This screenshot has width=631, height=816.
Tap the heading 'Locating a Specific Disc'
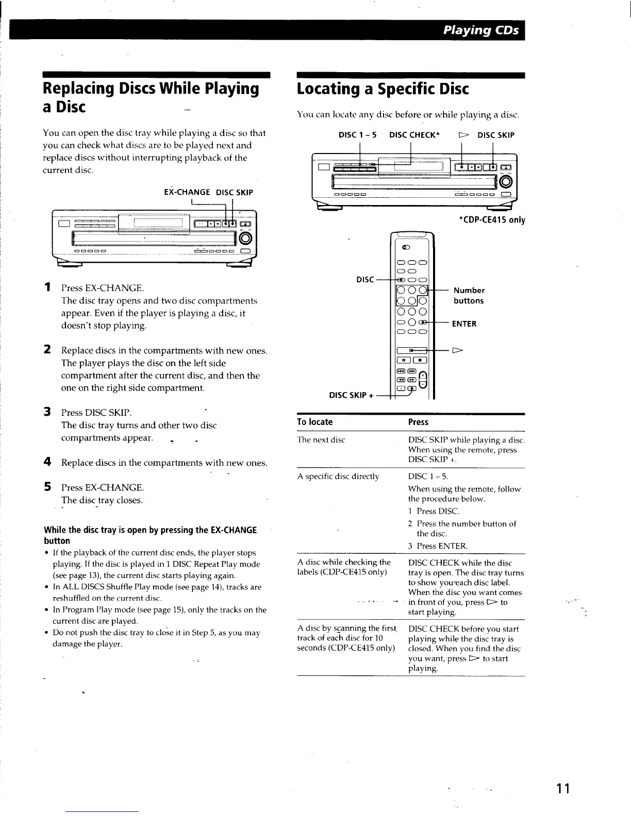click(383, 89)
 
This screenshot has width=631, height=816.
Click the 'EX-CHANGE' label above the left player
click(187, 192)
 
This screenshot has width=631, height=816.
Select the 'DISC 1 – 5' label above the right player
click(357, 135)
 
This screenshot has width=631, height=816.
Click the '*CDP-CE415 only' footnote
click(491, 220)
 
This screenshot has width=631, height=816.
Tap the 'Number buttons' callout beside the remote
click(469, 295)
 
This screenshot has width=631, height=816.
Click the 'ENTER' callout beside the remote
click(464, 324)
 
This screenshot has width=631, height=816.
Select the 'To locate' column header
click(315, 422)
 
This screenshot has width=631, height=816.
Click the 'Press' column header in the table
click(418, 422)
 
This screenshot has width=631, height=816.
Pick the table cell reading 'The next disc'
click(321, 440)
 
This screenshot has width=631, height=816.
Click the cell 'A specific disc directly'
click(338, 477)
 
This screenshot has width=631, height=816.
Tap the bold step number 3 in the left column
click(47, 412)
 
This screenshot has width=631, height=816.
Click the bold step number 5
click(47, 487)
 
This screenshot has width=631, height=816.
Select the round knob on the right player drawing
click(507, 181)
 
